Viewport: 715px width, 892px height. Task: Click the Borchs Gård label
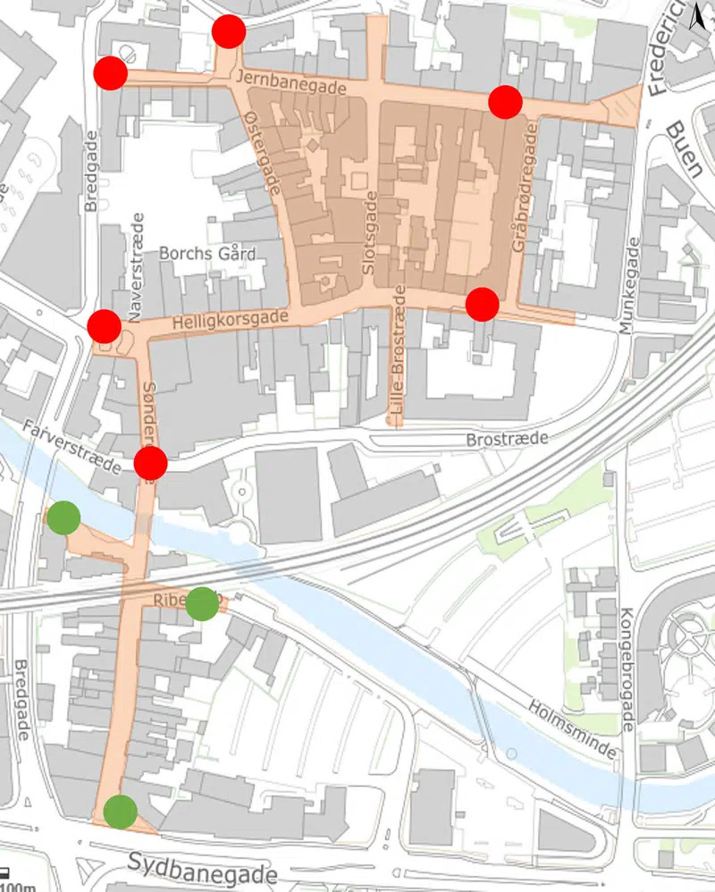pyautogui.click(x=206, y=254)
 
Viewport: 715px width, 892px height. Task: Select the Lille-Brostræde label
pyautogui.click(x=397, y=354)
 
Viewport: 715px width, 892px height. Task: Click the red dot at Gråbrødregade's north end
pyautogui.click(x=505, y=102)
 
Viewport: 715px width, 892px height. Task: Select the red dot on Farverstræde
pyautogui.click(x=150, y=464)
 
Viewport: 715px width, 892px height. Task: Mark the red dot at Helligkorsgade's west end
pyautogui.click(x=105, y=326)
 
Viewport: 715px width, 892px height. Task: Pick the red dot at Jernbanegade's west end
pyautogui.click(x=110, y=73)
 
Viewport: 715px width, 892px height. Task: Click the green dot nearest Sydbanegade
pyautogui.click(x=120, y=812)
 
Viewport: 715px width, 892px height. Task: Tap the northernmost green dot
pyautogui.click(x=63, y=518)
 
